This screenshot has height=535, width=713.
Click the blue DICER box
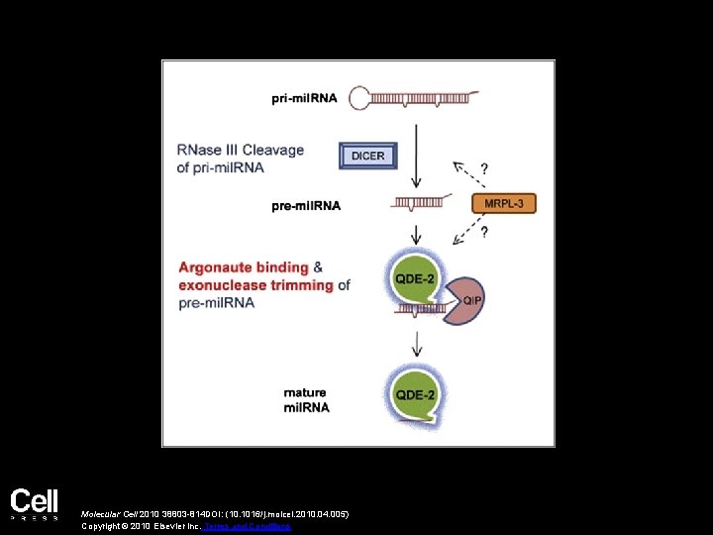(368, 155)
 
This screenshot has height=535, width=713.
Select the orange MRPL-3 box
(504, 205)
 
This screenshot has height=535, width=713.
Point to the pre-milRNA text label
(306, 206)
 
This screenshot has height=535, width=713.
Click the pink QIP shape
(464, 303)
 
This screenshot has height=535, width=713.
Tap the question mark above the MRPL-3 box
(484, 167)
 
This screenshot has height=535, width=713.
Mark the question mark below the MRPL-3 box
(484, 234)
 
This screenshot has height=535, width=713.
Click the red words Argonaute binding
(243, 267)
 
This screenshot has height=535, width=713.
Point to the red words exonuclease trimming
(255, 285)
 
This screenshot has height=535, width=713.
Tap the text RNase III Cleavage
(241, 151)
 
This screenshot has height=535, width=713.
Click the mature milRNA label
(305, 400)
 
